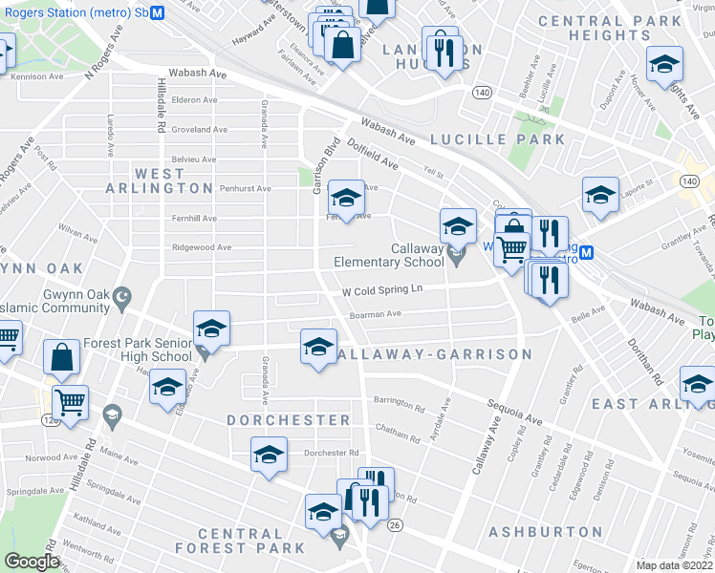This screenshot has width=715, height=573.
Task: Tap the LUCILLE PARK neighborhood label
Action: click(497, 139)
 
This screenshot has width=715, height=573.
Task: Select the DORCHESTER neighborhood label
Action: click(289, 420)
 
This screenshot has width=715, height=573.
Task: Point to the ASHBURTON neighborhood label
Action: click(545, 532)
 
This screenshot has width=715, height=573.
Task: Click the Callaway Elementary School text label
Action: click(389, 255)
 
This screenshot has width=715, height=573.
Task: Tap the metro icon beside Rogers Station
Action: click(158, 12)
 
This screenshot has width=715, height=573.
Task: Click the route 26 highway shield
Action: click(394, 525)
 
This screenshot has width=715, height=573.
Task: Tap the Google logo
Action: click(32, 562)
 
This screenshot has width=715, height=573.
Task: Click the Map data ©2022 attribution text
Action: click(674, 565)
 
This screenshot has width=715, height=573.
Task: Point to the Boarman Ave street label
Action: click(375, 313)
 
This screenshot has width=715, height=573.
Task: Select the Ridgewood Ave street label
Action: click(202, 247)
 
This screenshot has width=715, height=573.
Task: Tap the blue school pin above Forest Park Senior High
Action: click(211, 329)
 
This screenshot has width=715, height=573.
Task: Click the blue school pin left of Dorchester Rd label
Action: click(269, 454)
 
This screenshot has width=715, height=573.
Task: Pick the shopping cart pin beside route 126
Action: click(70, 402)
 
